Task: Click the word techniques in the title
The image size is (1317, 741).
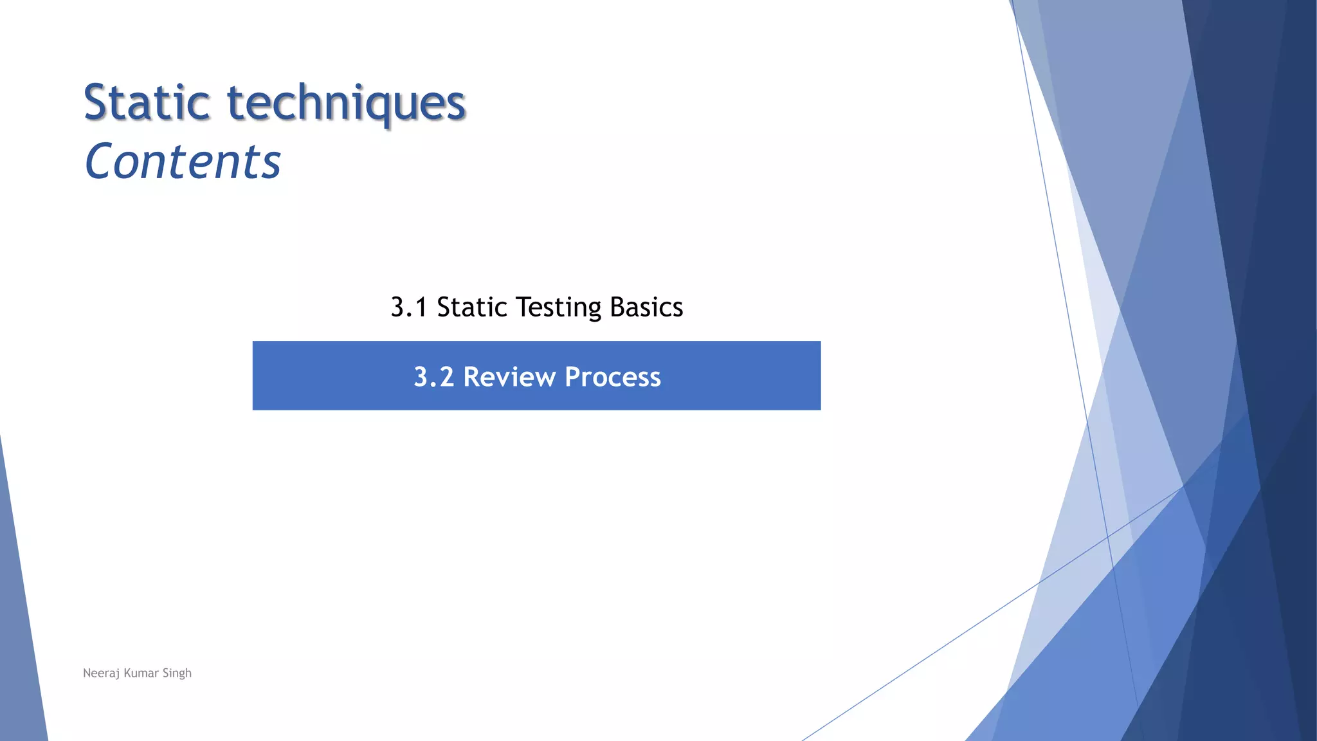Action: point(347,103)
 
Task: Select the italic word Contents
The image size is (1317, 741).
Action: point(183,161)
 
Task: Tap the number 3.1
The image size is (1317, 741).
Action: point(409,307)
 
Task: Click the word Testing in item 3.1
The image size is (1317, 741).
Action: point(558,307)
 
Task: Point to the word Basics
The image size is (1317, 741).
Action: point(646,307)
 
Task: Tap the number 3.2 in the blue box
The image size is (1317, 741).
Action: point(433,377)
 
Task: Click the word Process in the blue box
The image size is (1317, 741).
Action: point(612,377)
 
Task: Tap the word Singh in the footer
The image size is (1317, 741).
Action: point(177,673)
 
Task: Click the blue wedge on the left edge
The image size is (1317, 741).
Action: point(19,643)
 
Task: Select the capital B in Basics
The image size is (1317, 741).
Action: point(617,307)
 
